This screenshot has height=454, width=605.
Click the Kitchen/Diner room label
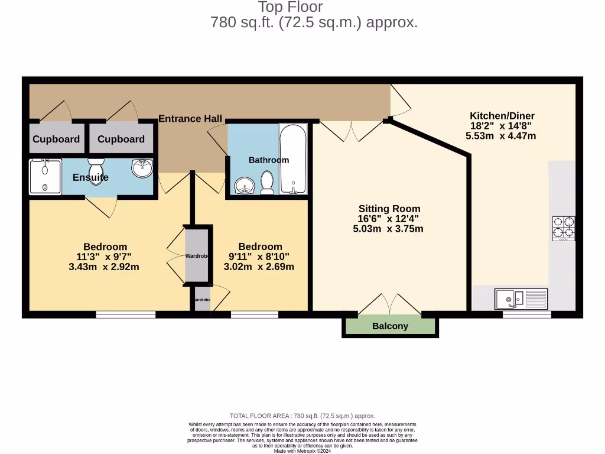(x=502, y=116)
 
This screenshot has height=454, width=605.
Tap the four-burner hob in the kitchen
(x=563, y=229)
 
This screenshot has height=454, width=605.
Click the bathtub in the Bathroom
(x=293, y=159)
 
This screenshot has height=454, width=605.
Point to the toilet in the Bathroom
(x=267, y=183)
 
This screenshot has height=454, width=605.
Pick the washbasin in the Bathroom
(x=244, y=187)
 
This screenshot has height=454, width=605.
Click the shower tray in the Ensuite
(x=45, y=176)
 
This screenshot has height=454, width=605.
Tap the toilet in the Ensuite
(x=95, y=170)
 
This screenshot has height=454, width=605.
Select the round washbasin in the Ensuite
(x=142, y=168)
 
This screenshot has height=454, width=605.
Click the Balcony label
(x=390, y=326)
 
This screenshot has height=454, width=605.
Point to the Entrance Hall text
(x=190, y=119)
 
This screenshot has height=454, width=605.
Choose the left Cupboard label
(x=56, y=140)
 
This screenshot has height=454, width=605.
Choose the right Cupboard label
(x=121, y=140)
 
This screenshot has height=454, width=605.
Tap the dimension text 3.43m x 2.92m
(x=105, y=267)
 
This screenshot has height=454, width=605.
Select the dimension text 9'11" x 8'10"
(x=260, y=257)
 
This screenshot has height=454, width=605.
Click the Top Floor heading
(x=290, y=8)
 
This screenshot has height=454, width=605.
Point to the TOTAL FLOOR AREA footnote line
(x=302, y=416)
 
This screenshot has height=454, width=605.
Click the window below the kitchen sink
(x=526, y=314)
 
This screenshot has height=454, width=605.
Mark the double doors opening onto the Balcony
(x=390, y=304)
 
